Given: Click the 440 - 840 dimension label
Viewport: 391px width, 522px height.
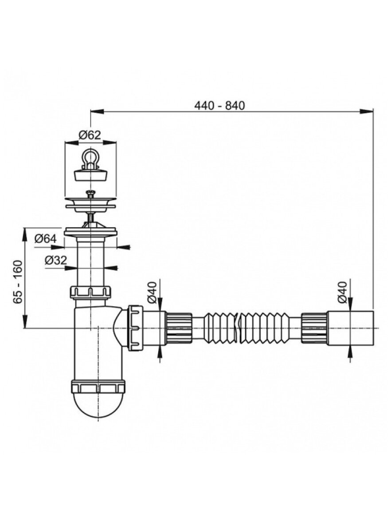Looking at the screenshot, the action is coord(219,106).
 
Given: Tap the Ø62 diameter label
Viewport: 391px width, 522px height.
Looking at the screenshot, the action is coord(90,135).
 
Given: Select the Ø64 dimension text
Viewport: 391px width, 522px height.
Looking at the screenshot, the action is coord(45,238).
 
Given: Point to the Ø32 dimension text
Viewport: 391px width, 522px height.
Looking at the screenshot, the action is coord(56,260).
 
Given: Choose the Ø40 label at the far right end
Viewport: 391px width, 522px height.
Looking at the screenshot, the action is coord(342,292).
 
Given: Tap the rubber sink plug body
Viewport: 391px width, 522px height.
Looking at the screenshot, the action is coord(90,175).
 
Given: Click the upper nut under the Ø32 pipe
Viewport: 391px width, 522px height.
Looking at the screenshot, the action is coord(91,292).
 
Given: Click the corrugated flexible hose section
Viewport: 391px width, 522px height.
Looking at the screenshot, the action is coord(243,328).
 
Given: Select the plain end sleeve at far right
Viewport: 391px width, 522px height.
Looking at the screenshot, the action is coord(350,328).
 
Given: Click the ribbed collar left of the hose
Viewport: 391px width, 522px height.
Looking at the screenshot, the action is coord(179,328).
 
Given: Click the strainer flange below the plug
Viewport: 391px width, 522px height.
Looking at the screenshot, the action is coord(90,203).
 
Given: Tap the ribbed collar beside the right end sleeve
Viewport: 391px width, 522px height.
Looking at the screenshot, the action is coord(314,328).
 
